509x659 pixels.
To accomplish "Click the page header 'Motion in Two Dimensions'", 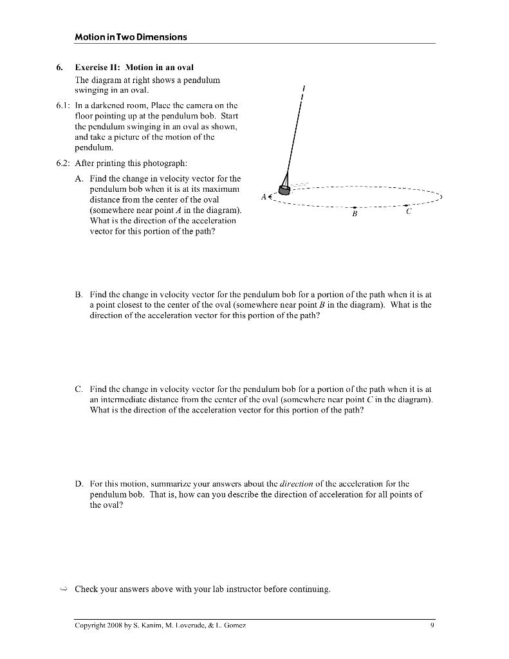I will pyautogui.click(x=131, y=37).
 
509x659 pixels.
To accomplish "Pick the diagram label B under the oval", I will pyautogui.click(x=354, y=216).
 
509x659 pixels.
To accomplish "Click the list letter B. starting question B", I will pyautogui.click(x=79, y=293).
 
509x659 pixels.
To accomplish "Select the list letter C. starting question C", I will pyautogui.click(x=79, y=389).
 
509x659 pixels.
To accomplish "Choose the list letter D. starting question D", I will pyautogui.click(x=79, y=483).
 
